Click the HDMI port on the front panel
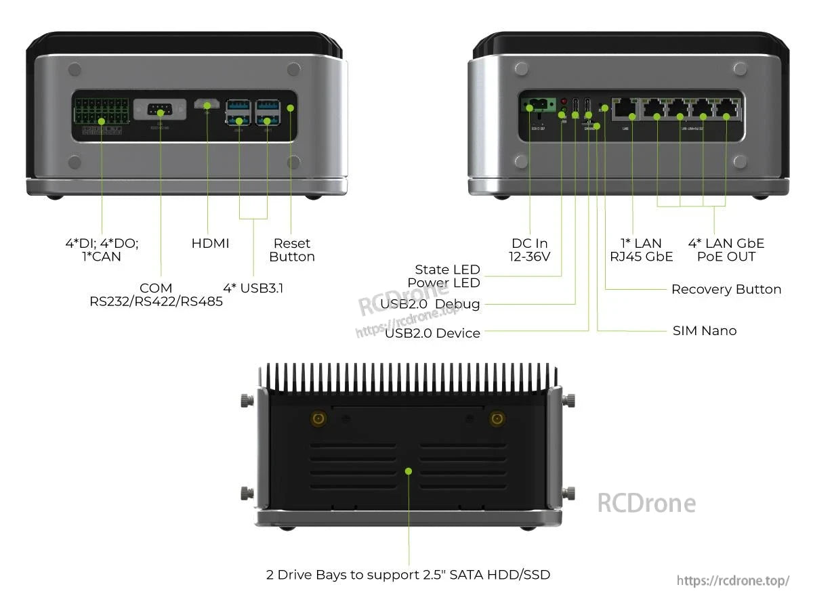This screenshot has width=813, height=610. coord(207,106)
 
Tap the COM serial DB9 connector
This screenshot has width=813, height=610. coord(160,110)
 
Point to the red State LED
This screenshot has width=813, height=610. coord(563,101)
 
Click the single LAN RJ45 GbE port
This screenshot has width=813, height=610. coord(623,108)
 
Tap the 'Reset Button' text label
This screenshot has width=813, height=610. coord(292,250)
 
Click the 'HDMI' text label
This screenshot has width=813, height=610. coord(210,243)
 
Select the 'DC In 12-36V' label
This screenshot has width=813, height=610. coord(530,250)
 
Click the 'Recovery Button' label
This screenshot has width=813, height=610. coord(726,289)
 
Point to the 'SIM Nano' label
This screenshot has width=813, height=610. coord(704,330)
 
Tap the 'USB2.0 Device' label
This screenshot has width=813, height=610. coord(432,333)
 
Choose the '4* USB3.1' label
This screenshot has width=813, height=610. coord(253,288)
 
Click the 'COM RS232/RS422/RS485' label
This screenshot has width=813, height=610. coord(156,295)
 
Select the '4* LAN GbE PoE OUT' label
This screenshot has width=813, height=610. coord(726,250)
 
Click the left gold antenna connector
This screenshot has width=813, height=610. coord(317,420)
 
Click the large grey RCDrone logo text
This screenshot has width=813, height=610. coord(646,503)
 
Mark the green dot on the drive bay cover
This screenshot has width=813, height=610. coord(409,471)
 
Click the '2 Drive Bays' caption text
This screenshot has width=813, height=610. coord(408,575)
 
